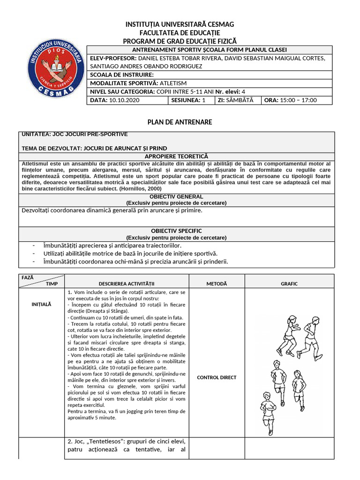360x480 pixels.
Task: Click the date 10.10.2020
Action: [x=124, y=100]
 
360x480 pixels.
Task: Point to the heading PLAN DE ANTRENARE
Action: [x=180, y=122]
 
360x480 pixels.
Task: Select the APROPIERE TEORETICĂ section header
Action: [x=176, y=156]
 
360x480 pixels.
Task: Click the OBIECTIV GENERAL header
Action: [x=176, y=196]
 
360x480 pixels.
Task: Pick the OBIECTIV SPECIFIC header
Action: [x=176, y=231]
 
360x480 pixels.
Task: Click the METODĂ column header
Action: [x=217, y=284]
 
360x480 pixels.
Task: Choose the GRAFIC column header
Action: [x=289, y=284]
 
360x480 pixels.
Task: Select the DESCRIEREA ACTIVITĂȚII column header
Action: [x=127, y=284]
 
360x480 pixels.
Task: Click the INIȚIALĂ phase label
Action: [x=41, y=304]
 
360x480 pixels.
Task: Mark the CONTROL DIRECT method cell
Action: [x=217, y=377]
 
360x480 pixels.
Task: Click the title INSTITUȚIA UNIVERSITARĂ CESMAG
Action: [x=180, y=24]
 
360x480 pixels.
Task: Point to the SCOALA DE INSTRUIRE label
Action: [x=121, y=75]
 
